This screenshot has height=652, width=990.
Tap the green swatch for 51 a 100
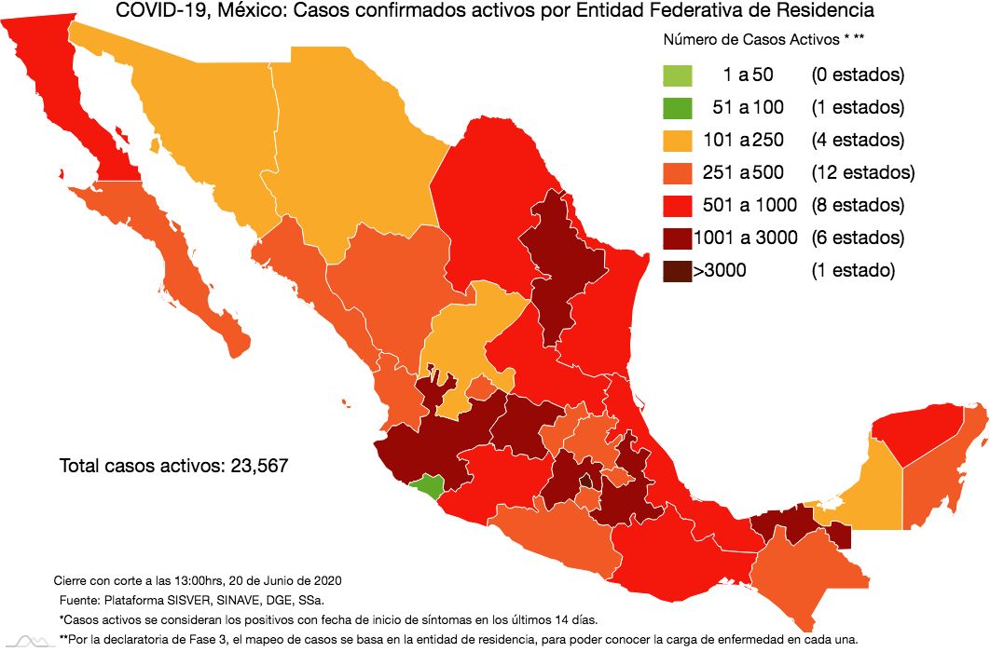pos(678,108)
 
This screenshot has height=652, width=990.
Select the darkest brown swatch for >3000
pos(678,271)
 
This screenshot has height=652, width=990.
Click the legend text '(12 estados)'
pos(862,172)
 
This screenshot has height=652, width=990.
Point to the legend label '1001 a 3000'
pos(746,238)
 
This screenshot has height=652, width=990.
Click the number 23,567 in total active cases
pos(254,465)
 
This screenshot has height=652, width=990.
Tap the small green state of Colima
pos(430,485)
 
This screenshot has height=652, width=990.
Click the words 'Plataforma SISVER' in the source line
pos(158,599)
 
